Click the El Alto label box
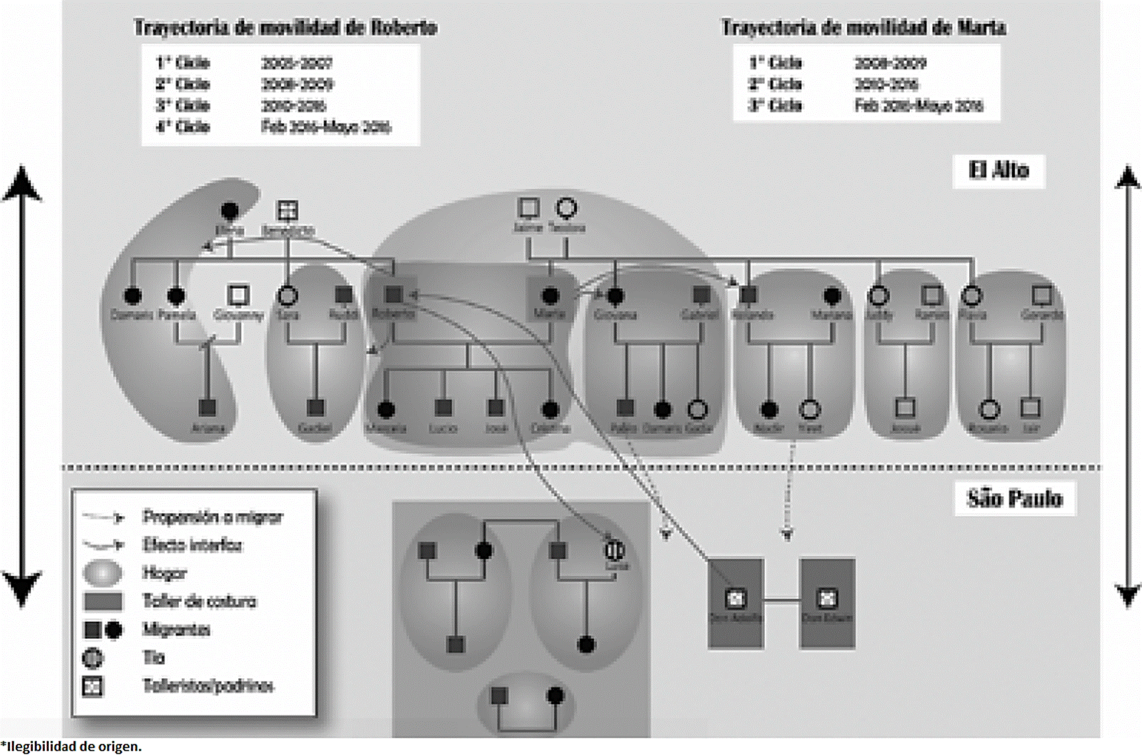998,171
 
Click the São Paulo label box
1014,498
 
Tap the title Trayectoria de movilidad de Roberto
286,28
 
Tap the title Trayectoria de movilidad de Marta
863,28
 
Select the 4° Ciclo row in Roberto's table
273,127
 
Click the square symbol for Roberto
394,294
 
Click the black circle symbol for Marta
550,296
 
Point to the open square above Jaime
528,208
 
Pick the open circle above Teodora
566,208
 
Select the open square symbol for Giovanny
238,295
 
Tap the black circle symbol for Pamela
176,296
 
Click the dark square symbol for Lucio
443,408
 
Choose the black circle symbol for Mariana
832,296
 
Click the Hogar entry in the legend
164,573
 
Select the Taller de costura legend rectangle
103,601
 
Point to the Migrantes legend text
176,629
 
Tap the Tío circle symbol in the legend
93,658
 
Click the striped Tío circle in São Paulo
614,550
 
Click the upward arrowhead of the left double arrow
22,182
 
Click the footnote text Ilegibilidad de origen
72,746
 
